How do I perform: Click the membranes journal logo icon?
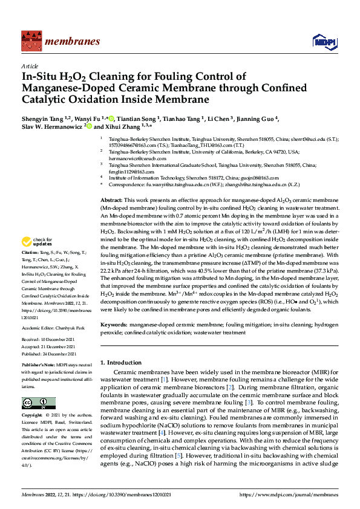pyautogui.click(x=30, y=41)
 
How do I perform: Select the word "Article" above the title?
pyautogui.click(x=29, y=66)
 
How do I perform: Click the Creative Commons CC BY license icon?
pyautogui.click(x=35, y=403)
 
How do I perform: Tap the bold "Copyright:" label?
pyautogui.click(x=33, y=416)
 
